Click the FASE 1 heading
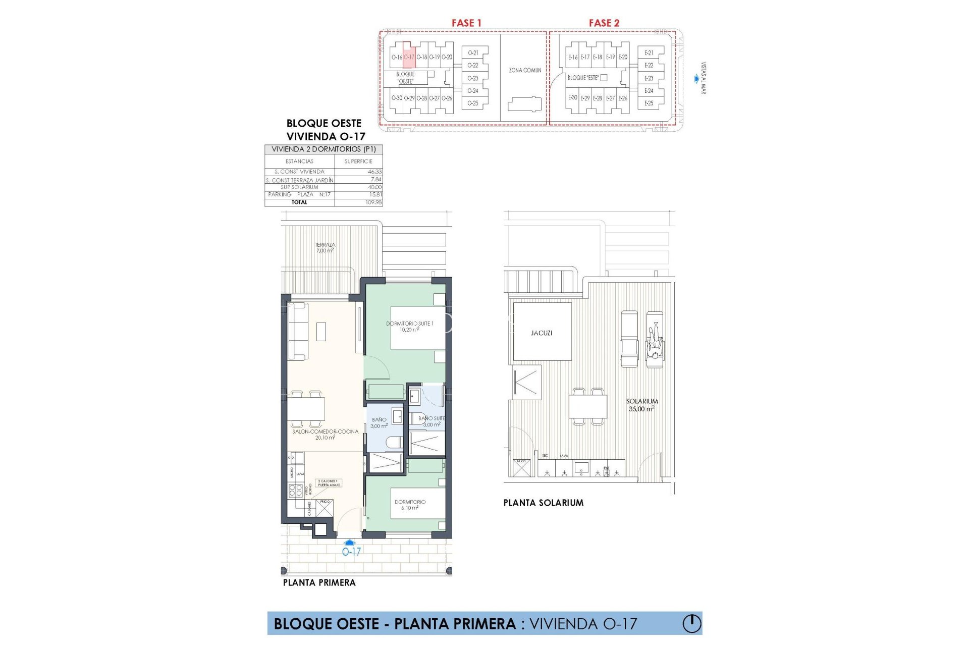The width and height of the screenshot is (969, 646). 466,23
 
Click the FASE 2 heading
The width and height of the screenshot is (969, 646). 604,23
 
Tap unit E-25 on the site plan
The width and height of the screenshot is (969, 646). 649,103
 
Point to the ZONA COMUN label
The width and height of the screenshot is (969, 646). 525,70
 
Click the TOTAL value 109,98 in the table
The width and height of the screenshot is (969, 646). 373,202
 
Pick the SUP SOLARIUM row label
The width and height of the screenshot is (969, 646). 299,187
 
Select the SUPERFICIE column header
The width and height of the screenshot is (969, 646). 358,161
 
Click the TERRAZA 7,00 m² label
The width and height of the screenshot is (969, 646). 325,247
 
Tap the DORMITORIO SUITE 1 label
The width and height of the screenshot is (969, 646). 409,326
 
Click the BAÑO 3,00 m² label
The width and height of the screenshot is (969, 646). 379,422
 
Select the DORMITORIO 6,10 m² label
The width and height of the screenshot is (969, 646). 410,505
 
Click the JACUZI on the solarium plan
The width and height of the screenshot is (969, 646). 542,333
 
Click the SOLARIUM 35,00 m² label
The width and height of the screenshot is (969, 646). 641,405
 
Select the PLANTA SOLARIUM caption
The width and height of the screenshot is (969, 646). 543,503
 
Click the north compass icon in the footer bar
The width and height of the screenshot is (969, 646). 691,623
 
